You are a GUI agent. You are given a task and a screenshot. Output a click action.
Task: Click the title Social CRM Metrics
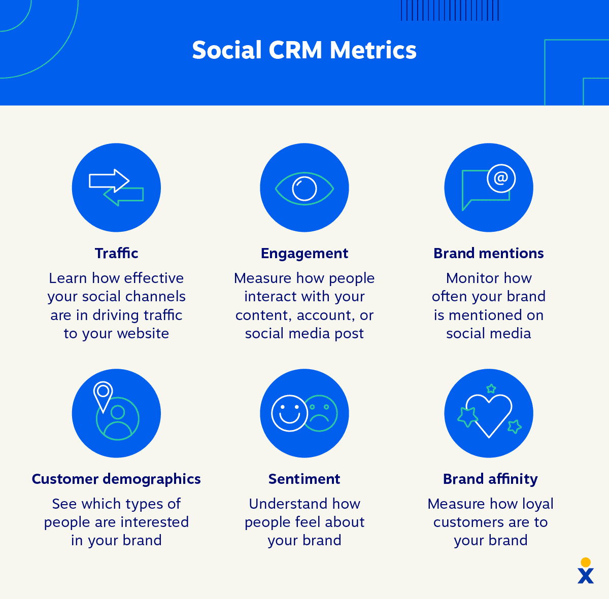[x=304, y=50]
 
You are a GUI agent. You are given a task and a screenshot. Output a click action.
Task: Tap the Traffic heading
[x=116, y=253]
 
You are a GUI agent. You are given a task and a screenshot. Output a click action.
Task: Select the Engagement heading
[x=304, y=253]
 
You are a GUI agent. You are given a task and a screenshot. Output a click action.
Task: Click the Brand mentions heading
[x=488, y=253]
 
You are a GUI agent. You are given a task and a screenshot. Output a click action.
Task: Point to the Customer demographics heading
[x=116, y=479]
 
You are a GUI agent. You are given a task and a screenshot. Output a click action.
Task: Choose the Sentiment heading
[x=304, y=479]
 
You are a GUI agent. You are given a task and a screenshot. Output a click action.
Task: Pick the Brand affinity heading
[x=490, y=479]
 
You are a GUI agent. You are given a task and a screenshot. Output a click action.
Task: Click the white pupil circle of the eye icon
[x=304, y=188]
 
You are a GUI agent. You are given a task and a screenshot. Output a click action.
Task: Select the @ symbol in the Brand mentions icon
[x=501, y=178]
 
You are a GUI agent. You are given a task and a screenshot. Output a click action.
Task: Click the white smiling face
[x=289, y=413]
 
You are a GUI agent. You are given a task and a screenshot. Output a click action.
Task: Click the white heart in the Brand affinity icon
[x=489, y=414]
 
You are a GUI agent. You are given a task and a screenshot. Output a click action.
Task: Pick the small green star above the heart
[x=491, y=389]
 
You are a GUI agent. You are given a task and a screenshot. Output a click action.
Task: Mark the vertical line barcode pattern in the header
[x=450, y=10]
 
